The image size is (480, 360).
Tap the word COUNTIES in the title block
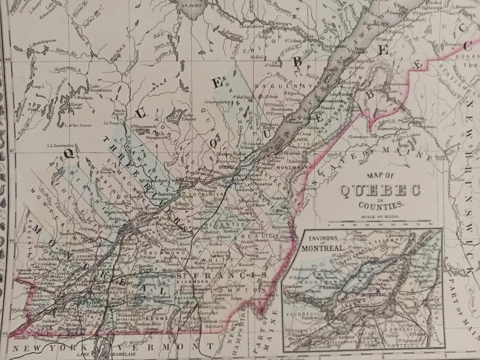coord(380,205)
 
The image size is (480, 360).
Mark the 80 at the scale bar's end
coord(430,225)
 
